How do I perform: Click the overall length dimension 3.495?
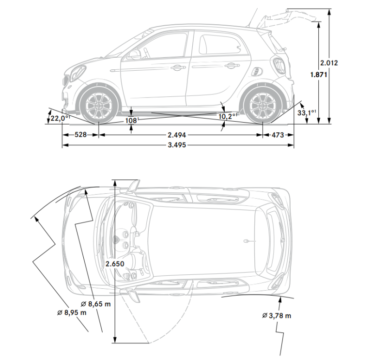(x=177, y=145)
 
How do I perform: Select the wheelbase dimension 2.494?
(x=177, y=135)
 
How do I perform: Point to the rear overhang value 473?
(x=278, y=135)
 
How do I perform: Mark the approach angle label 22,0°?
(x=60, y=118)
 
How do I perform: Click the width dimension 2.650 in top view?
(x=115, y=264)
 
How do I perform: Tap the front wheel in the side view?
(x=99, y=104)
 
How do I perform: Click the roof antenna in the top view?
(x=248, y=240)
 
